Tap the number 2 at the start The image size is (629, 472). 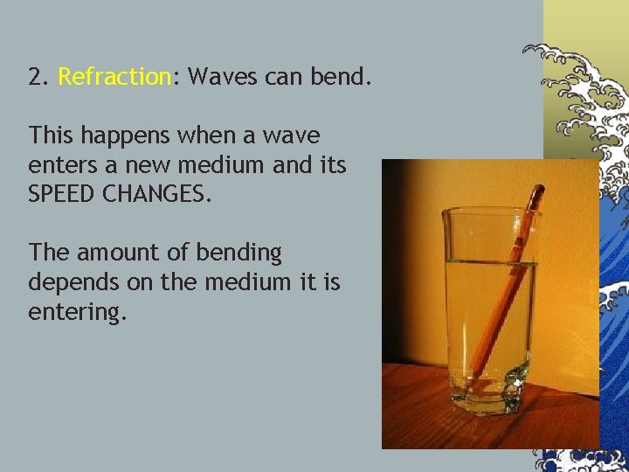tap(36, 77)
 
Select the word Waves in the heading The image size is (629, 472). tap(218, 77)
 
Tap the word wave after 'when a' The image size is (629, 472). tap(290, 136)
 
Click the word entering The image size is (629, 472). tap(77, 312)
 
